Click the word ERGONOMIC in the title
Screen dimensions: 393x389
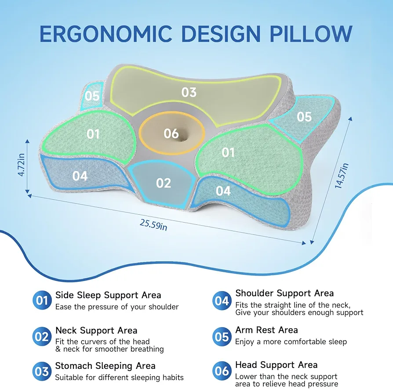point(106,34)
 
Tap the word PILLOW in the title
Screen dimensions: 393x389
point(311,34)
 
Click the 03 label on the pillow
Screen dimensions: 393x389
point(189,92)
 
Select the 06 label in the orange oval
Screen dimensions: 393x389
point(171,133)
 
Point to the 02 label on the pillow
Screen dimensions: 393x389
point(164,183)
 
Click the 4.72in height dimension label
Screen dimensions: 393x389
point(21,165)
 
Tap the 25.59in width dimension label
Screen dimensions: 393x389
point(153,224)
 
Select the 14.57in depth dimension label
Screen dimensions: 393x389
point(342,176)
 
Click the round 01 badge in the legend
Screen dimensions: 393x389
point(42,300)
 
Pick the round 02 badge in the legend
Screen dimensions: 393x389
point(42,336)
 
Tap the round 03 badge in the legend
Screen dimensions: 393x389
point(42,371)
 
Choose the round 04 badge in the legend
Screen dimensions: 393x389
point(222,300)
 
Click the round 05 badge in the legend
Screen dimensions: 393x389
point(222,337)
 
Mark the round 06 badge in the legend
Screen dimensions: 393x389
point(222,371)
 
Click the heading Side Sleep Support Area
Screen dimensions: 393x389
point(108,295)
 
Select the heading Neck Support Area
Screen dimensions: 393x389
point(96,331)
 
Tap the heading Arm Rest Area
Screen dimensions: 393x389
point(266,330)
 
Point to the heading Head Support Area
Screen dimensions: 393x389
point(276,365)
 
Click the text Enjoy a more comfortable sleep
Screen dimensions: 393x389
point(291,342)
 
